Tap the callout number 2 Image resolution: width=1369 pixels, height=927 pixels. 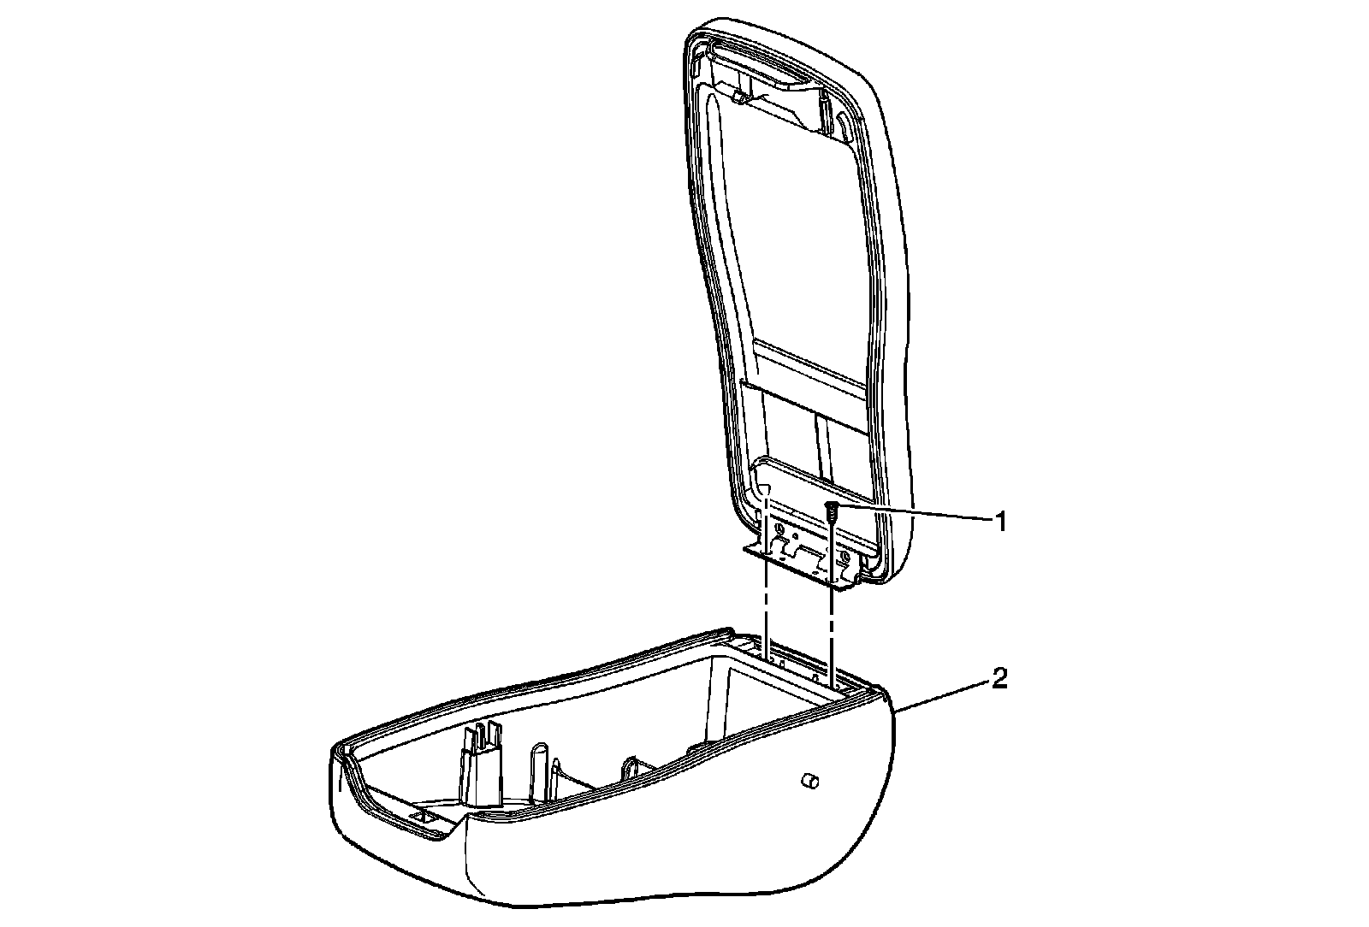(x=999, y=681)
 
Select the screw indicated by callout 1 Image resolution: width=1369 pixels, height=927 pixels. (x=830, y=512)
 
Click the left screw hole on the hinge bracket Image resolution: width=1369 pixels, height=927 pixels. (x=779, y=530)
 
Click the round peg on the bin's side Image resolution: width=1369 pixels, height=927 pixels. (x=809, y=781)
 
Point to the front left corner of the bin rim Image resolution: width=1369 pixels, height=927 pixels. (x=341, y=753)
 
